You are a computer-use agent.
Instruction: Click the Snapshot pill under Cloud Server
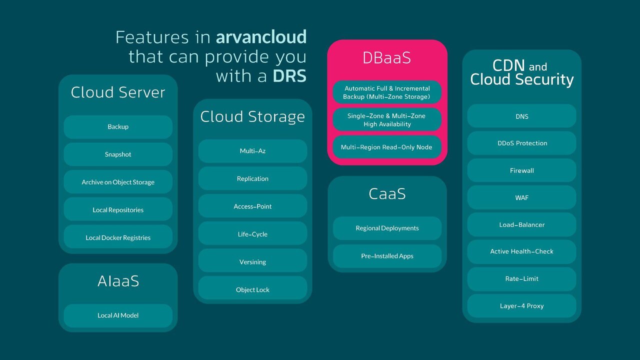click(118, 154)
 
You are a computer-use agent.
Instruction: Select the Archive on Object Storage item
click(118, 182)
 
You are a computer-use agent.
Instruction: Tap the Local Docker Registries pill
click(118, 237)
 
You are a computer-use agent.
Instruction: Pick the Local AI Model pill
click(118, 315)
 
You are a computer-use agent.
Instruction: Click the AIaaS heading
click(118, 281)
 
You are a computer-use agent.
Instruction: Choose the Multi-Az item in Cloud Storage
click(252, 151)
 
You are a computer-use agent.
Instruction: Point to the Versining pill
click(252, 262)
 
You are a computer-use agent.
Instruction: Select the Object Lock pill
click(252, 289)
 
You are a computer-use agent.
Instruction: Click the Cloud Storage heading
click(252, 116)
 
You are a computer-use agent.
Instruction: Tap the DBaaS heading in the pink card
click(387, 58)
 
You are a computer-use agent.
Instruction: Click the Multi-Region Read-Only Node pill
click(387, 147)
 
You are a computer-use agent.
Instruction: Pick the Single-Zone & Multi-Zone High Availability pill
click(387, 120)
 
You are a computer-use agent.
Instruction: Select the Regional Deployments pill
click(387, 228)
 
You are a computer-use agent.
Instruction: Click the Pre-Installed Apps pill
click(387, 256)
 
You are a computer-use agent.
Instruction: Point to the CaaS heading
click(387, 194)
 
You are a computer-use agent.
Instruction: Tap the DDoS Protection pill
click(521, 143)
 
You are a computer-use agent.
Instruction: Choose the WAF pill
click(521, 197)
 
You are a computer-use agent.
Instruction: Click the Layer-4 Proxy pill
click(521, 306)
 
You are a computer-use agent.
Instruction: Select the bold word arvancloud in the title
click(261, 37)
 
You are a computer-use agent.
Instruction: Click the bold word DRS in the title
click(289, 76)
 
